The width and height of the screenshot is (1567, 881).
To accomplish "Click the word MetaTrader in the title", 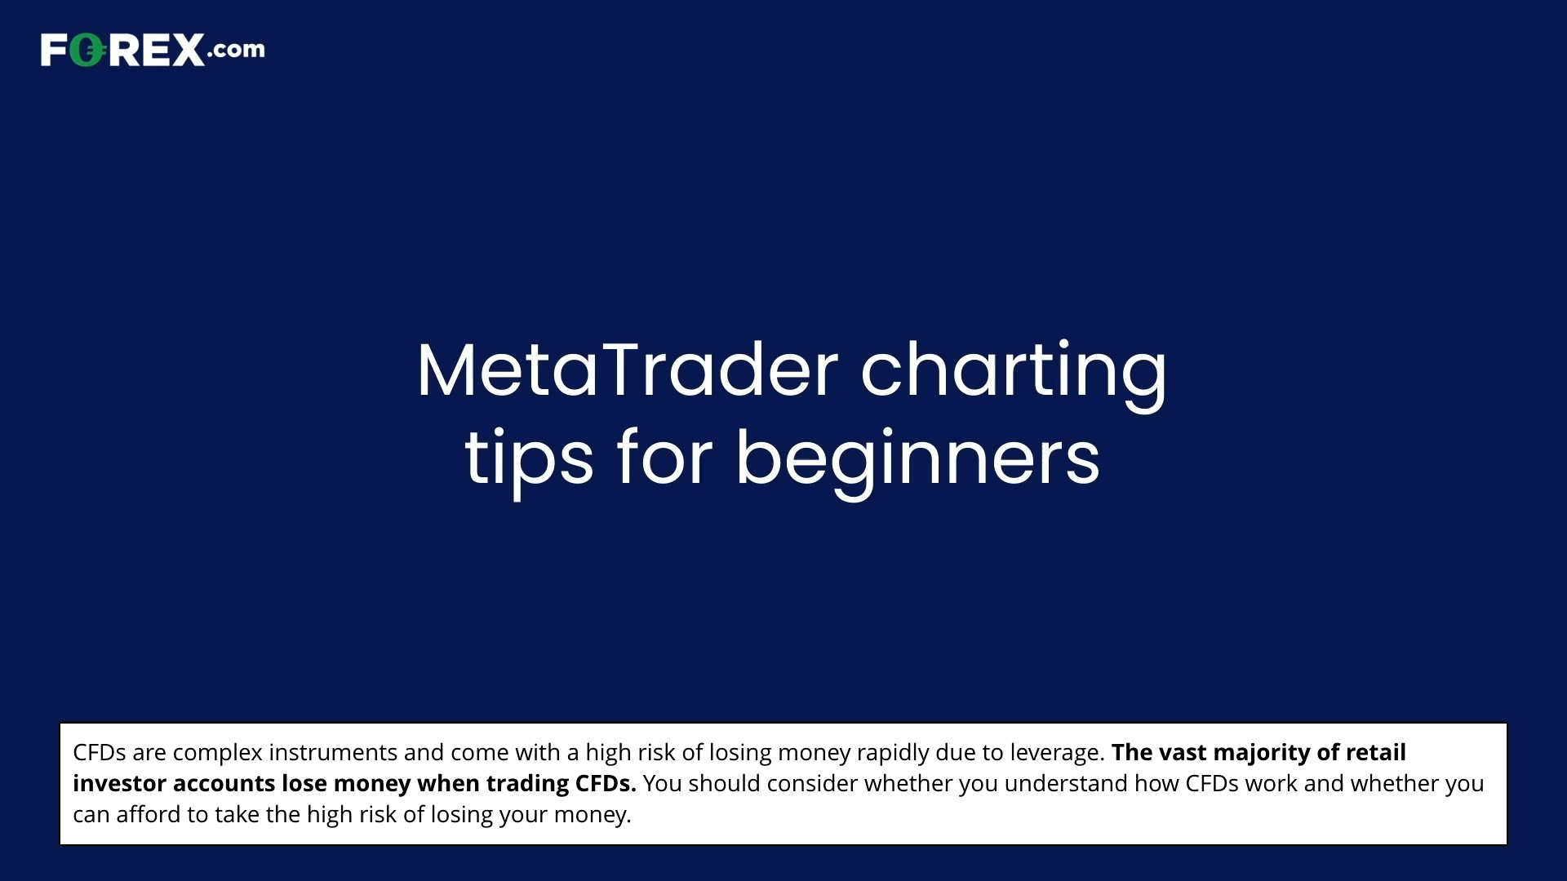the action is (628, 370).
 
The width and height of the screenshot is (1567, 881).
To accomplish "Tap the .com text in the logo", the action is (236, 50).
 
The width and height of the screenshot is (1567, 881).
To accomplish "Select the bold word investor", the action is (120, 783).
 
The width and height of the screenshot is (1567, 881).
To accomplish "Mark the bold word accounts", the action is (224, 784).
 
